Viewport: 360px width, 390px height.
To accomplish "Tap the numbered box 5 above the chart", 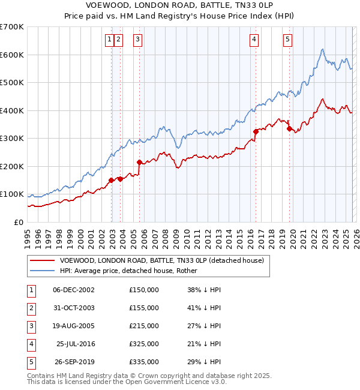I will click(x=287, y=40).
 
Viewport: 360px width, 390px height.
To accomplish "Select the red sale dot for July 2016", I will click(x=256, y=131).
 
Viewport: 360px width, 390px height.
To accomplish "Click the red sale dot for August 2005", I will click(x=139, y=162).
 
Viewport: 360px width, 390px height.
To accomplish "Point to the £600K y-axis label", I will click(x=12, y=55).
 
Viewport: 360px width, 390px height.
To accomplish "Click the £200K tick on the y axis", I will click(x=12, y=166).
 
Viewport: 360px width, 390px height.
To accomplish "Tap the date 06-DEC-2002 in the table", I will click(x=73, y=290).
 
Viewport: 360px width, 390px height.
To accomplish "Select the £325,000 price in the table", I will click(x=144, y=344).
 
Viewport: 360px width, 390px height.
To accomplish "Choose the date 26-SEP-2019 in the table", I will click(x=73, y=362).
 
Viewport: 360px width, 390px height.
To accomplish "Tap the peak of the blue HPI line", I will click(x=323, y=49).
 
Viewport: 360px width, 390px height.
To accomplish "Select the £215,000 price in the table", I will click(x=144, y=326).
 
